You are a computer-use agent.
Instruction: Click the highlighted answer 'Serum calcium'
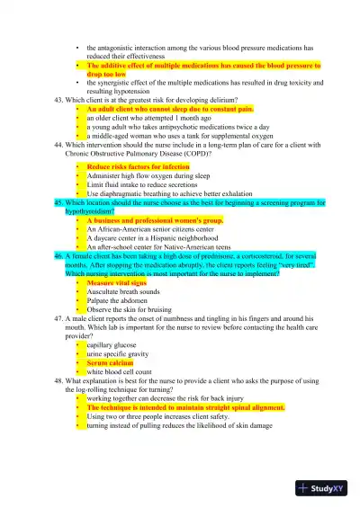tap(110, 362)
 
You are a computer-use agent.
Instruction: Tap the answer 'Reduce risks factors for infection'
tap(138, 167)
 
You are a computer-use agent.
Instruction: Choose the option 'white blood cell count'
tap(118, 370)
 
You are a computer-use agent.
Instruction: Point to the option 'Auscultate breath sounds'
tap(123, 291)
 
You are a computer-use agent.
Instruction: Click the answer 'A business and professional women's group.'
tap(155, 220)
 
